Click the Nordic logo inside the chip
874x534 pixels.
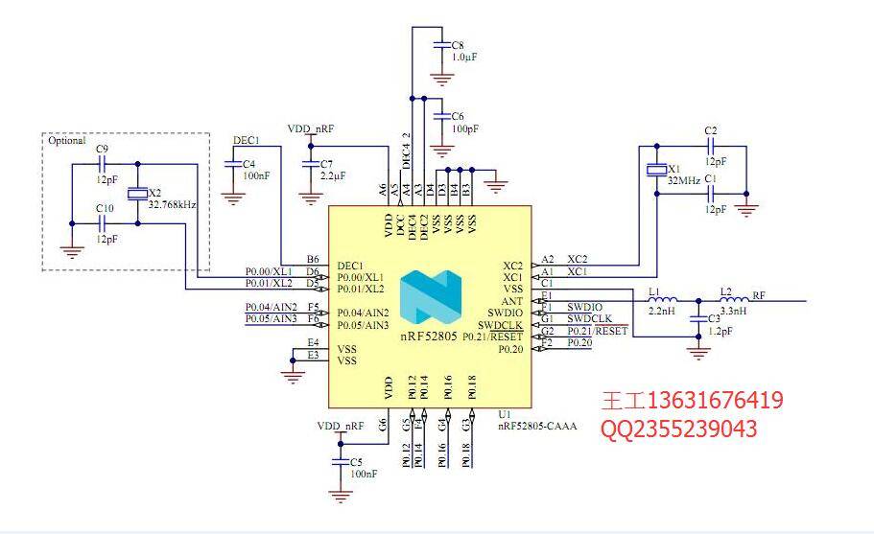[x=430, y=296]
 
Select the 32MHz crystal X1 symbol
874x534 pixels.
[x=655, y=171]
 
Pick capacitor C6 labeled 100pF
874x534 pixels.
[x=440, y=117]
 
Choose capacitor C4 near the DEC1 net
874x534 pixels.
[x=232, y=165]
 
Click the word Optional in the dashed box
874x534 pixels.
[x=66, y=140]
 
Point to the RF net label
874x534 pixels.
[x=758, y=295]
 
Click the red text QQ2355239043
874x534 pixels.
[x=678, y=429]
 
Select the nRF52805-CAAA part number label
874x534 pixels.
[x=537, y=426]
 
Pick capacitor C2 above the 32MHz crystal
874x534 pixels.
[x=711, y=147]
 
